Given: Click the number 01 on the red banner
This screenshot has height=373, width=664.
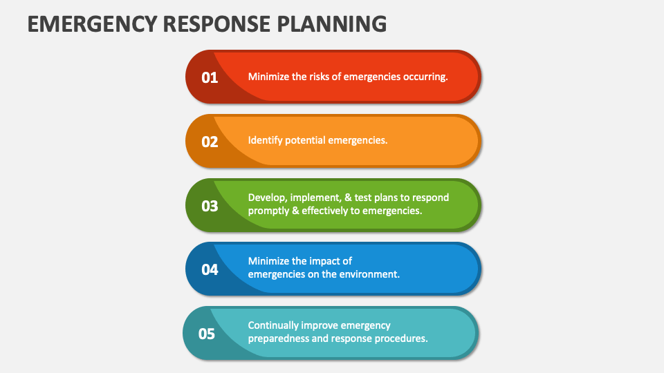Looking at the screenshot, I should click(210, 77).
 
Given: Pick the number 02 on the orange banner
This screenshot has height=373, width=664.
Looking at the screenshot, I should click(210, 142).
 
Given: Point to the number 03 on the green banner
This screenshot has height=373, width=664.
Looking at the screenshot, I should click(210, 206).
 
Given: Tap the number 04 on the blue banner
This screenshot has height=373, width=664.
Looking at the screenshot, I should click(210, 269).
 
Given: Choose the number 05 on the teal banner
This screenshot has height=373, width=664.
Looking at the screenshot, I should click(207, 334).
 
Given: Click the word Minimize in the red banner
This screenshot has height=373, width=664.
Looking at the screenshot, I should click(268, 77).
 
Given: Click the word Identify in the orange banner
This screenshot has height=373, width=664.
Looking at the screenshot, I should click(266, 140).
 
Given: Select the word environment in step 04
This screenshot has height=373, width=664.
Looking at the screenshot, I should click(370, 274).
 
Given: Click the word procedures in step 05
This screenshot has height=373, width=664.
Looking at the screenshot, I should click(402, 338).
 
